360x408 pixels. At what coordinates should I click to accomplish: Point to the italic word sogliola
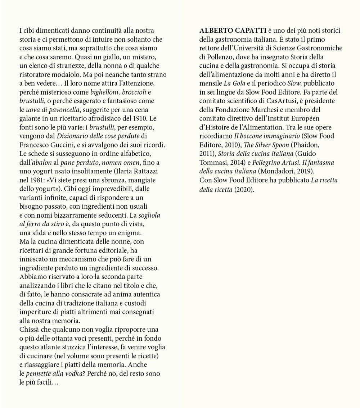[x=150, y=214]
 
